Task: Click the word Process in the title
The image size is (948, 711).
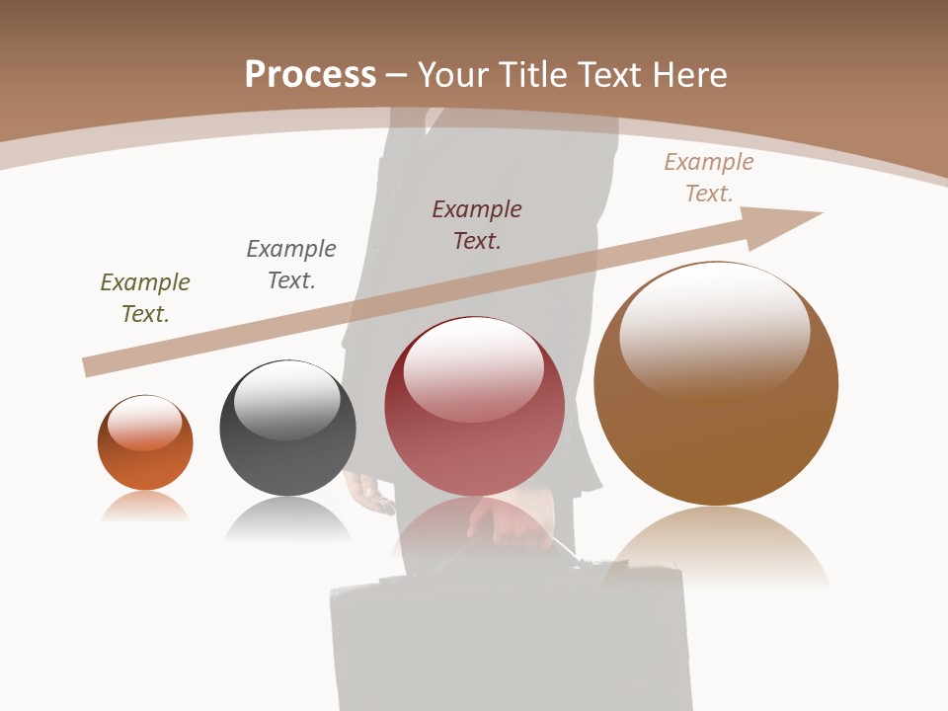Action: point(310,75)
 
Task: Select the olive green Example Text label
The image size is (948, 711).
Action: point(145,298)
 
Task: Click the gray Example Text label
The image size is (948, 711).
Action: point(291,265)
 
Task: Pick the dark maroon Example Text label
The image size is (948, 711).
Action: point(477,225)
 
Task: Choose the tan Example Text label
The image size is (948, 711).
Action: point(709,178)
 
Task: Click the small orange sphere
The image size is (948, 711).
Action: point(145,459)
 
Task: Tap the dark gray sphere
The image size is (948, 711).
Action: point(287,464)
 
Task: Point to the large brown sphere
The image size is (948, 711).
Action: point(716,434)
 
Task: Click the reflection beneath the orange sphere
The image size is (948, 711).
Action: point(145,507)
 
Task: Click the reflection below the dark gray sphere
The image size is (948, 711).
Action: point(287,518)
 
